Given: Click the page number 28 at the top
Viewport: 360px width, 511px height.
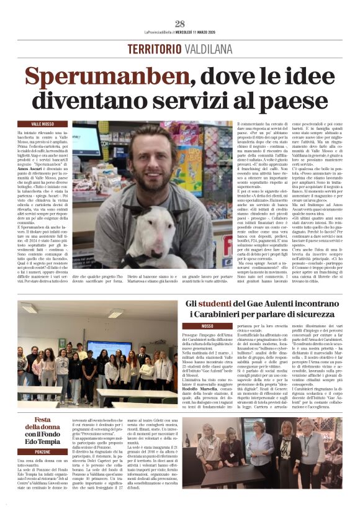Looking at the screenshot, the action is tap(180, 24).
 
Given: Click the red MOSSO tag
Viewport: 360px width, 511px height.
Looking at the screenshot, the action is tap(207, 326).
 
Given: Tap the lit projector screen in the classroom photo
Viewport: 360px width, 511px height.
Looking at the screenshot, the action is tap(109, 350).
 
